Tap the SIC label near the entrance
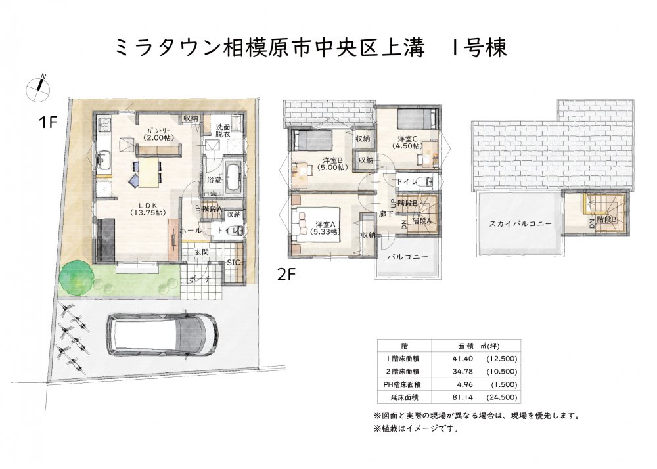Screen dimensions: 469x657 click(x=233, y=263)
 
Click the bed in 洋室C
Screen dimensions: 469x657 click(x=417, y=118)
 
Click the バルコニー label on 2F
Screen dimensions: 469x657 click(x=407, y=257)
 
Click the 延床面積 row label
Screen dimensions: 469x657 click(x=403, y=397)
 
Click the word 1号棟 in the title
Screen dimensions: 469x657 click(x=478, y=47)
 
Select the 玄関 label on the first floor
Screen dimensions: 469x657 click(x=201, y=252)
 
